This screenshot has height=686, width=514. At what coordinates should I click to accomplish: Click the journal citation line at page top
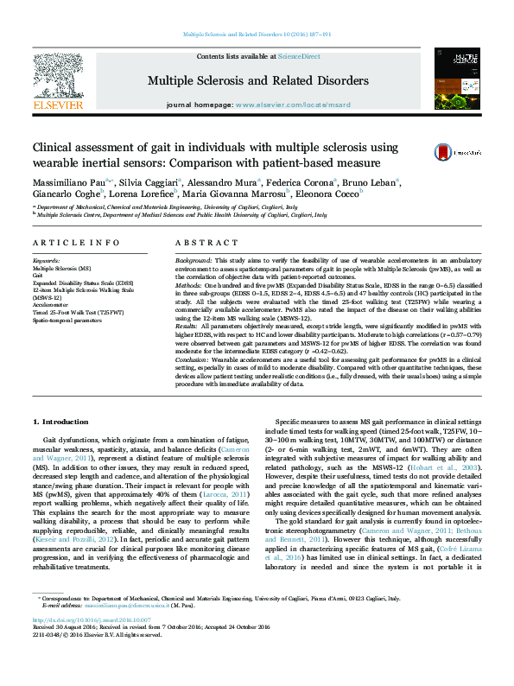[257, 35]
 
